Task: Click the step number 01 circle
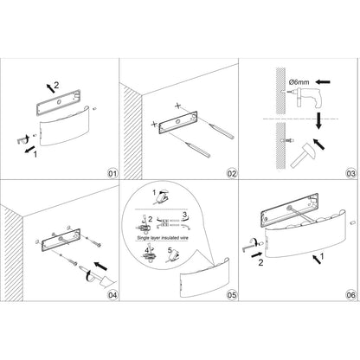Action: point(112,173)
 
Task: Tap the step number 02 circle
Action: point(232,173)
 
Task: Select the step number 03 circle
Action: point(351,174)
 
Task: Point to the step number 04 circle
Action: point(112,295)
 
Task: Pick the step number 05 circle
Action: point(232,295)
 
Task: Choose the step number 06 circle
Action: point(351,295)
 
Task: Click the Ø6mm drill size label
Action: point(299,82)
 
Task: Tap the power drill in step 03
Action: point(305,97)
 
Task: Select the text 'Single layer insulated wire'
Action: point(163,238)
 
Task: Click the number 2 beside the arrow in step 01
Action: point(56,85)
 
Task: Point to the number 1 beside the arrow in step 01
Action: point(35,154)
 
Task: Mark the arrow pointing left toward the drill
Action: point(323,82)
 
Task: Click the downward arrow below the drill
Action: point(318,121)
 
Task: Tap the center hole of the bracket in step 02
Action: point(178,121)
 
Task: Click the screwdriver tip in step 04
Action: point(81,267)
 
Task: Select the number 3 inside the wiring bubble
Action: point(185,215)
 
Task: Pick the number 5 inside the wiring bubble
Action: point(170,250)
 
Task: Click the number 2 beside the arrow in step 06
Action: point(260,263)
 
